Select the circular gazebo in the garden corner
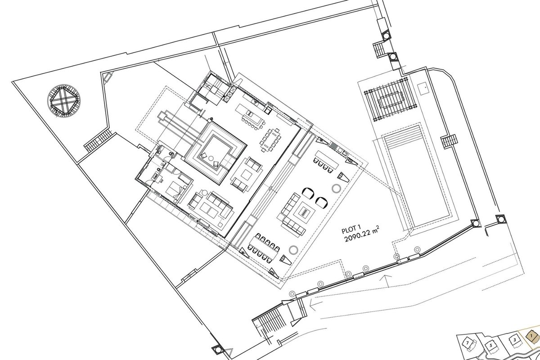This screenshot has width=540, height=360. click(63, 100)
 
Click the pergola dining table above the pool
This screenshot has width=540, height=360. click(391, 100)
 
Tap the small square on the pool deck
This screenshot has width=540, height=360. click(423, 89)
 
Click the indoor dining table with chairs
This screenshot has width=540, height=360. click(270, 140)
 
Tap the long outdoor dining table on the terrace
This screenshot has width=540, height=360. click(264, 247)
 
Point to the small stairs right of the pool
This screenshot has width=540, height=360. click(449, 141)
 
